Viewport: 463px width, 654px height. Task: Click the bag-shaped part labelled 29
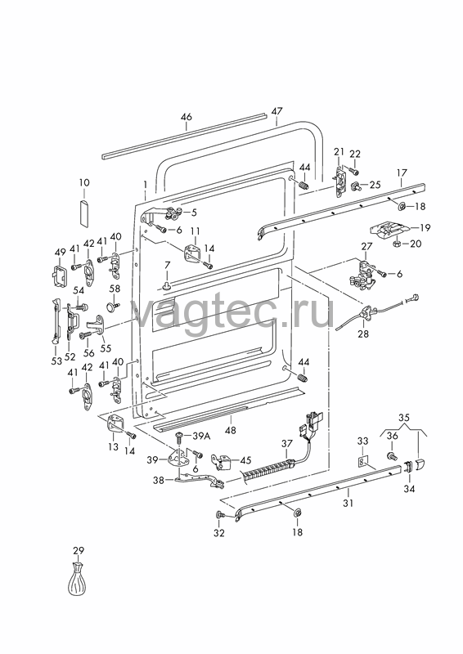[79, 579]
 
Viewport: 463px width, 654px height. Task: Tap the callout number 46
[187, 117]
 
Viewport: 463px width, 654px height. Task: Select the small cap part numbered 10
[84, 213]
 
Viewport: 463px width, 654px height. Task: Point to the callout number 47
[276, 111]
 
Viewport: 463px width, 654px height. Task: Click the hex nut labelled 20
[397, 243]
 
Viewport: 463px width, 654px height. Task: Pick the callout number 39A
[202, 437]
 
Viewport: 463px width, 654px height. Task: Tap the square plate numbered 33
[363, 463]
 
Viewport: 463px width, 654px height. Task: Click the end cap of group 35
[419, 463]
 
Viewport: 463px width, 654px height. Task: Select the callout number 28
[363, 334]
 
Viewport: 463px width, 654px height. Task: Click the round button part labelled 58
[113, 307]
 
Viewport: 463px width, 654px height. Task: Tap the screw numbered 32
[219, 516]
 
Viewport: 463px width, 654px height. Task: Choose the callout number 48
[230, 430]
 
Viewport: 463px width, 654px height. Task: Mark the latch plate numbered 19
[388, 230]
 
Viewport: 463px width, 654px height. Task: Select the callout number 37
[287, 443]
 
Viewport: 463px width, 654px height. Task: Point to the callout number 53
[56, 361]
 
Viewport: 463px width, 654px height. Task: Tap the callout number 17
[401, 172]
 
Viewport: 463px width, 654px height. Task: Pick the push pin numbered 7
[167, 284]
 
